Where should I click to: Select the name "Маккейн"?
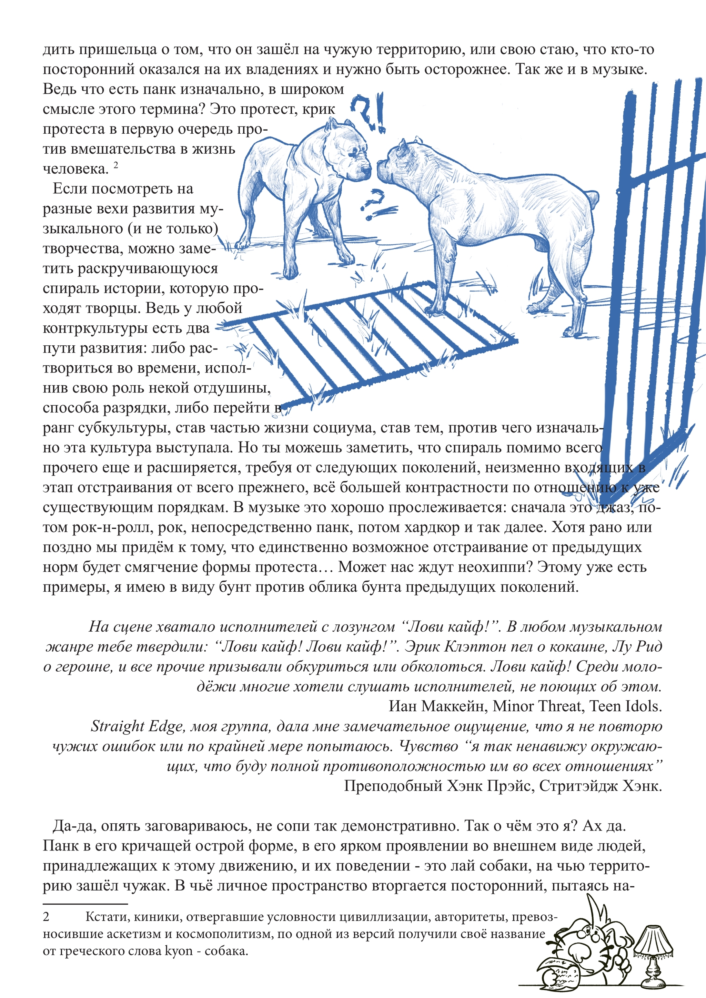click(456, 706)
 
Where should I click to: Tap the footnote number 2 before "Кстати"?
click(46, 917)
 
